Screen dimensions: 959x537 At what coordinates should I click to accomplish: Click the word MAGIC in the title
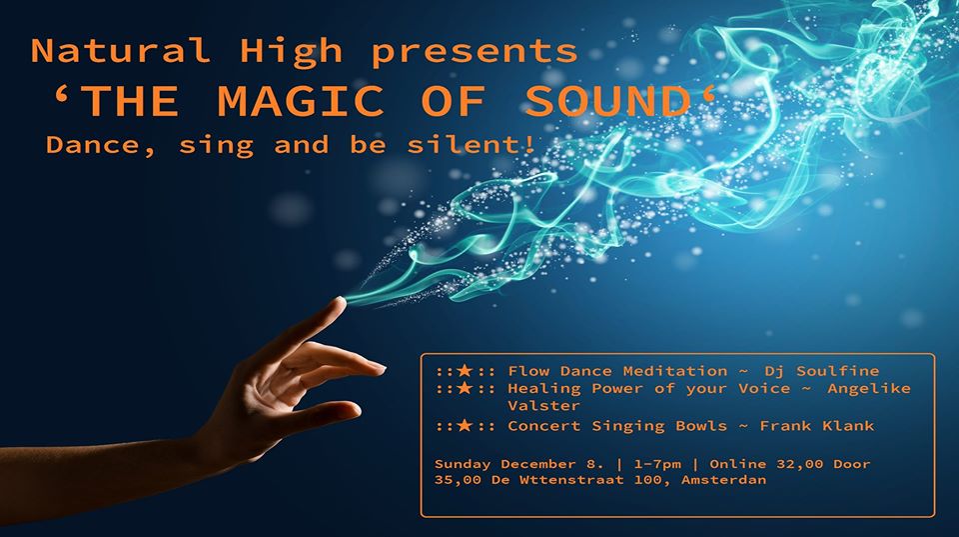[x=301, y=101]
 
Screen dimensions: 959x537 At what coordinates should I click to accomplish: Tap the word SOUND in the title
[x=608, y=101]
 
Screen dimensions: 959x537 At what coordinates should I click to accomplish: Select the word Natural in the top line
[x=120, y=51]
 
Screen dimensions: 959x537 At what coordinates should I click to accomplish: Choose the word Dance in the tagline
[x=93, y=146]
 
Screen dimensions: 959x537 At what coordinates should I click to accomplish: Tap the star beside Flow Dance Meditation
[x=465, y=371]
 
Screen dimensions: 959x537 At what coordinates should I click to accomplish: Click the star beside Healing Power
[x=465, y=388]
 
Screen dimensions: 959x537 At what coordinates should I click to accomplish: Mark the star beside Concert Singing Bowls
[x=465, y=426]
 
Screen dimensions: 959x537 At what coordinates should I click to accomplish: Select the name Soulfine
[x=837, y=371]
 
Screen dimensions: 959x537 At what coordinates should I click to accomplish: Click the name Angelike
[x=869, y=389]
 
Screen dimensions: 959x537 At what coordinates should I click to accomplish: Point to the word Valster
[x=543, y=406]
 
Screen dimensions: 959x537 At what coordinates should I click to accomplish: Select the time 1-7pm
[x=657, y=465]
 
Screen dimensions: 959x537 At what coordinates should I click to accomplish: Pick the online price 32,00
[x=800, y=464]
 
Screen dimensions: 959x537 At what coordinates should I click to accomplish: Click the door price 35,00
[x=458, y=480]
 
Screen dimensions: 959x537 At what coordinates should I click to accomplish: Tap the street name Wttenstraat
[x=571, y=480]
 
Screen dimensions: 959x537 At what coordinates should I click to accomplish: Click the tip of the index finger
[x=341, y=300]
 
